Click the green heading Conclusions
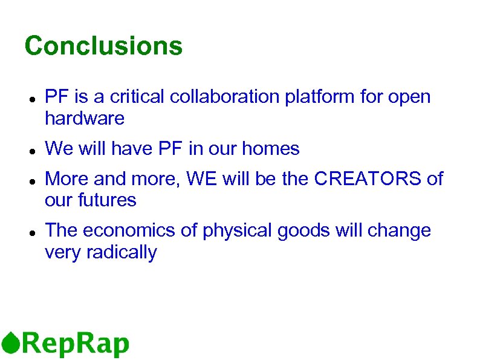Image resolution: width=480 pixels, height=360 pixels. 103,46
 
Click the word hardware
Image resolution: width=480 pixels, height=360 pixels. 85,119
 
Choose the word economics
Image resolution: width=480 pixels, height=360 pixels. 138,231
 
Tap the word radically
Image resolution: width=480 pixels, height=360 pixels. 122,253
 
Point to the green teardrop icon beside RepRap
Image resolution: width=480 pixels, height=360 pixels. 10,342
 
